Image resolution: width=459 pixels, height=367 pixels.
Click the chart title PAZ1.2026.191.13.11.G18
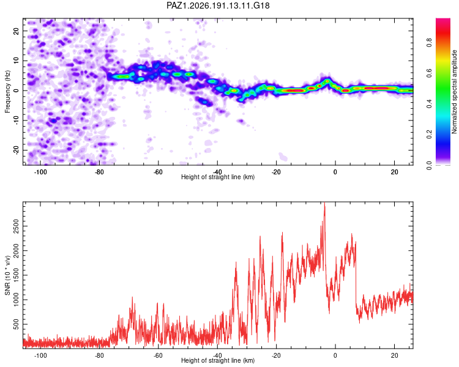[x=218, y=6]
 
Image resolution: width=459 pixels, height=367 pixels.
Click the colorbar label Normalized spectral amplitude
[x=454, y=92]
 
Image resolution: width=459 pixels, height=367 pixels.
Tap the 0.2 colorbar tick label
[x=429, y=134]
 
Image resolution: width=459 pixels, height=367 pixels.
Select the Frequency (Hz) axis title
[x=7, y=92]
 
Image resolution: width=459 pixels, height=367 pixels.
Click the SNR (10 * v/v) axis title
[x=7, y=275]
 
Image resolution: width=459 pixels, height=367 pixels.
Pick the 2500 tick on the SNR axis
[x=16, y=226]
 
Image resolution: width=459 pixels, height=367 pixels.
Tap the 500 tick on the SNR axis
[x=16, y=324]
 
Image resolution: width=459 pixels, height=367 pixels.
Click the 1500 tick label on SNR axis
[x=16, y=275]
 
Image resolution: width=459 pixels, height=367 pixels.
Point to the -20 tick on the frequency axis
[x=16, y=150]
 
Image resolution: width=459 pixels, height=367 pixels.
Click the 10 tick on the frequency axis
[x=16, y=61]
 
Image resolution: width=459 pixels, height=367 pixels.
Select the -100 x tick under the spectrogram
[x=40, y=172]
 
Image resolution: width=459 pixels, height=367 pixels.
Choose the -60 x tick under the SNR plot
[x=158, y=355]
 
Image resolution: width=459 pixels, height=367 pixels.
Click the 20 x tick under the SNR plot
[x=394, y=355]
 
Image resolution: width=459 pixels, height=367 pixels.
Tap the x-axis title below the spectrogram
[x=218, y=177]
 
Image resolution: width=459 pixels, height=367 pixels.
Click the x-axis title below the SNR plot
[x=218, y=360]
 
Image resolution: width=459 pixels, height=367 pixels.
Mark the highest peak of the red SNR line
[x=324, y=203]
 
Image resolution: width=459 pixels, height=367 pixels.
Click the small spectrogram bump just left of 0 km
[x=327, y=81]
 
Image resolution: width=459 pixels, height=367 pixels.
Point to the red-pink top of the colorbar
[x=443, y=21]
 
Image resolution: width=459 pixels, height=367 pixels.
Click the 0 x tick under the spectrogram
[x=335, y=172]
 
